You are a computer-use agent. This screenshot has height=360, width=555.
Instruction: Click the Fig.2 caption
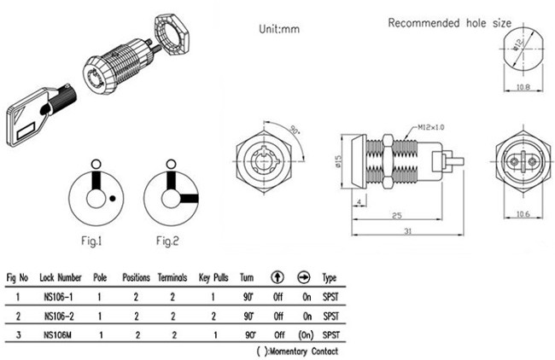[168, 241]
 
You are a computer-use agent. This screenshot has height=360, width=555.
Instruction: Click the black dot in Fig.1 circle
[113, 200]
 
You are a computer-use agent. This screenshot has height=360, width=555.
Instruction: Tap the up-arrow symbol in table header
[277, 278]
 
